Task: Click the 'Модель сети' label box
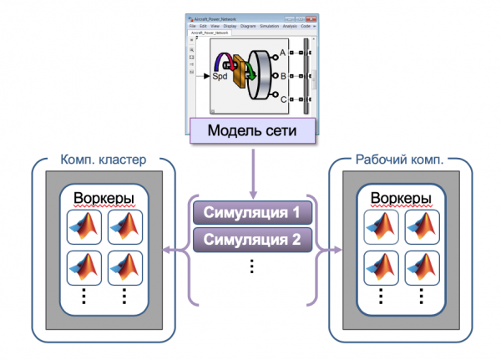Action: coord(251,132)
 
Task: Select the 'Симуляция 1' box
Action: coord(251,213)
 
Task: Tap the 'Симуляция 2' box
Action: coord(251,241)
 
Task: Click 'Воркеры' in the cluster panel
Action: coord(104,199)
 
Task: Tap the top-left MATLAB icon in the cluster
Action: coord(83,226)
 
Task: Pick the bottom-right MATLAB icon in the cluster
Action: coord(124,266)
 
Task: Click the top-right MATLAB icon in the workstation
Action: coord(422,226)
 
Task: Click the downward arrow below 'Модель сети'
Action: coord(251,171)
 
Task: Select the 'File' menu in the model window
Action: coord(193,26)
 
